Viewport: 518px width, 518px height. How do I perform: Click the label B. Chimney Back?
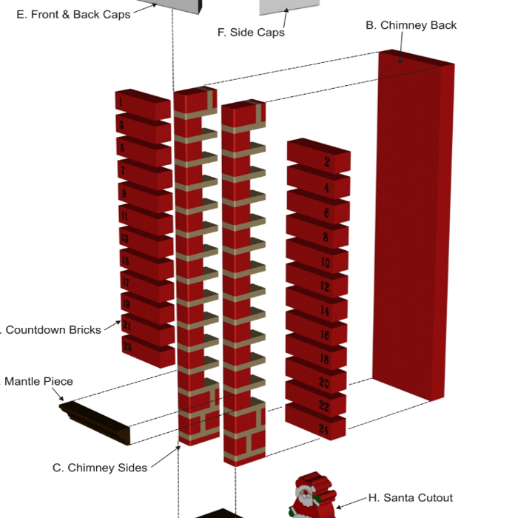click(x=411, y=25)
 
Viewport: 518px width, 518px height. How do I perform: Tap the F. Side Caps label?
click(x=251, y=32)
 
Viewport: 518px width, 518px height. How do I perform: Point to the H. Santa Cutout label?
click(x=410, y=498)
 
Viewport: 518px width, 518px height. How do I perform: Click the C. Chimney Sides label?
click(x=99, y=468)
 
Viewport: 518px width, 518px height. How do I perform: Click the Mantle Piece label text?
click(x=38, y=382)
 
